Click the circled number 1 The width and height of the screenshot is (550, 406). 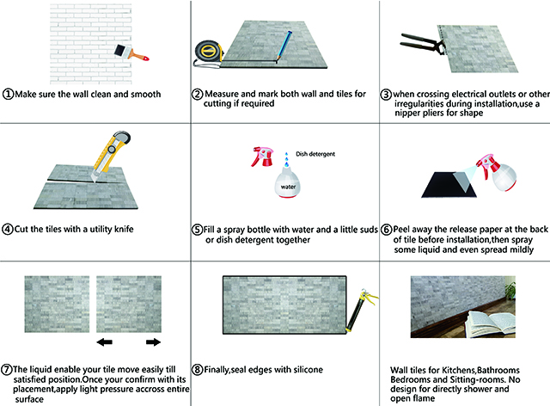[x=8, y=94]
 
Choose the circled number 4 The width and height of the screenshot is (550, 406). [x=8, y=230]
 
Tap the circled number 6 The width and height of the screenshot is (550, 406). [x=387, y=230]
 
